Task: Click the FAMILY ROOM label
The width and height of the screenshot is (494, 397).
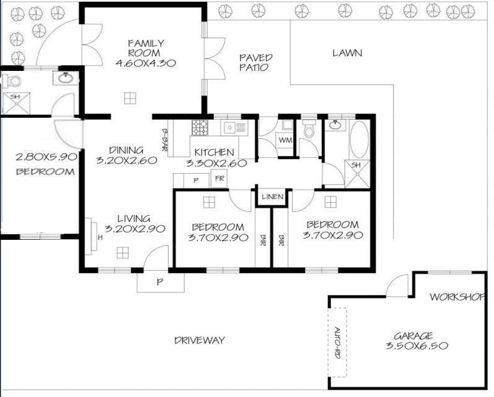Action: coord(146,48)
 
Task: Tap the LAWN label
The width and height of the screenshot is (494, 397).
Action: coord(347,53)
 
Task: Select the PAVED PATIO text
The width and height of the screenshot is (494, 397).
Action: coord(255,62)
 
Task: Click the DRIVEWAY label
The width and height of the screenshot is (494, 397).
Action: coord(200,340)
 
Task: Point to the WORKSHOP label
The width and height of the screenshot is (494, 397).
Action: coord(457,297)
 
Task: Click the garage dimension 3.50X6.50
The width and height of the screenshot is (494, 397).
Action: coord(417,346)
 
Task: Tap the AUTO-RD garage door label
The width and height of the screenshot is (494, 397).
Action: coord(337,343)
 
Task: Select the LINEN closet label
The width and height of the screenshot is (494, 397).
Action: coord(273,197)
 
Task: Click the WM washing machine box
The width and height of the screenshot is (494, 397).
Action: coord(286,140)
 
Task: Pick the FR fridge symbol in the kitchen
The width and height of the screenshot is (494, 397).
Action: coord(220,179)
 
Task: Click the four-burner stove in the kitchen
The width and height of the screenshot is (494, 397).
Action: coord(200,128)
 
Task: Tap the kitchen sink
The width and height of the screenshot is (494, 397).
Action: coord(229,128)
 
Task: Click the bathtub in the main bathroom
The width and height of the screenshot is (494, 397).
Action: coord(360,139)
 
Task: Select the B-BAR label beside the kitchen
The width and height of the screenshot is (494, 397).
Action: coord(165,140)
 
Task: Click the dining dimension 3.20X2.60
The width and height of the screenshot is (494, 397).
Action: coord(126,160)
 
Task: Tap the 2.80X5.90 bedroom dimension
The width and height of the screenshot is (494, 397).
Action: coord(46,157)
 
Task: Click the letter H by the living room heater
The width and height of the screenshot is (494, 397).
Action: coord(100,237)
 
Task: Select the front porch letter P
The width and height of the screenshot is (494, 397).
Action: coord(160,282)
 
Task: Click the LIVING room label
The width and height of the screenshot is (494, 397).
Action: coord(134,218)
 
